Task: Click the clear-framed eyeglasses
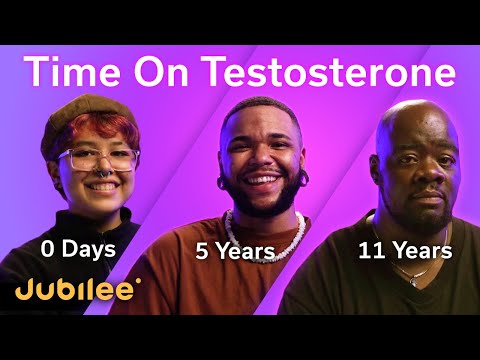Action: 97,159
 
